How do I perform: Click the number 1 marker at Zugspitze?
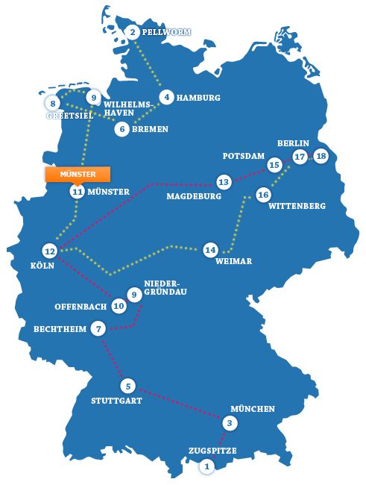(x=206, y=466)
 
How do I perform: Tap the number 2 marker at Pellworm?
(x=133, y=32)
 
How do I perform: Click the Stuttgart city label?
(x=117, y=401)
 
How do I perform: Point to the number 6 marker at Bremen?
(x=122, y=129)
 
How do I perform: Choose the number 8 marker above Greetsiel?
(x=53, y=103)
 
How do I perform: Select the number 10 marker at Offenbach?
(x=119, y=306)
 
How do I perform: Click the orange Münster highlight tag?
(x=78, y=174)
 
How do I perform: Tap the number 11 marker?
(x=78, y=192)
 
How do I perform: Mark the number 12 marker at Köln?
(x=50, y=251)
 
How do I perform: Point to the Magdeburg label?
(x=195, y=197)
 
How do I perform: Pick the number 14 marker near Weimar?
(x=210, y=249)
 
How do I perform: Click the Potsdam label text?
(x=244, y=157)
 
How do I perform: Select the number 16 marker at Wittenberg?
(x=262, y=195)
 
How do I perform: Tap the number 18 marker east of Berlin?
(x=321, y=157)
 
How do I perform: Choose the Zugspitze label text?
(x=212, y=451)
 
